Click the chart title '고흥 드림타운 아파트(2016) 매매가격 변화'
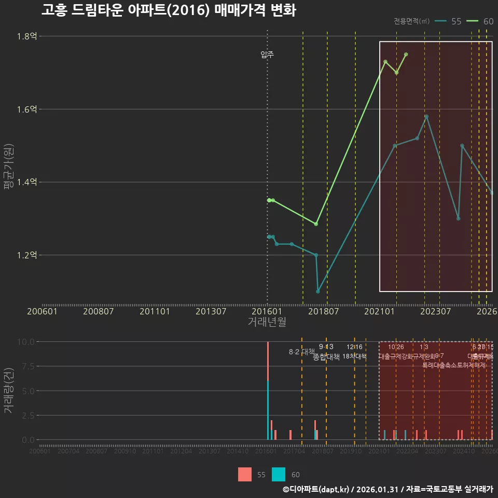(x=169, y=10)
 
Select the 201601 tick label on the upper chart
(x=267, y=312)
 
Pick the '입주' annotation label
(x=267, y=54)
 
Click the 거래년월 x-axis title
(x=267, y=322)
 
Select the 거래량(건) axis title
(x=8, y=391)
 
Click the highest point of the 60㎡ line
(x=406, y=54)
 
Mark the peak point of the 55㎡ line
(x=426, y=117)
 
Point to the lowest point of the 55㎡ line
(x=318, y=292)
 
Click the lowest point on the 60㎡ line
(x=316, y=224)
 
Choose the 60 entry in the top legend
(x=480, y=21)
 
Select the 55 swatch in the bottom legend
(x=245, y=475)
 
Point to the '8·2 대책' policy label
(x=301, y=352)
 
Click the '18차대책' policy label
(x=354, y=356)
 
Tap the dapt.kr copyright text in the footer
(x=388, y=489)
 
